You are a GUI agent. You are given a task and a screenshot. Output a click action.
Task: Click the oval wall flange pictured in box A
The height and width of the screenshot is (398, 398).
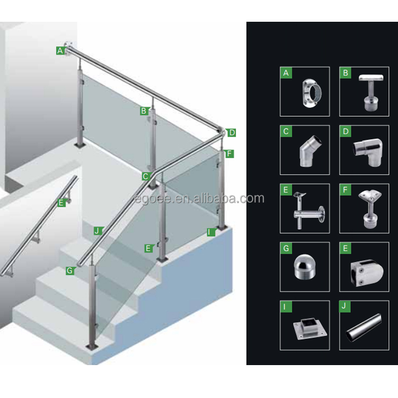coord(312,93)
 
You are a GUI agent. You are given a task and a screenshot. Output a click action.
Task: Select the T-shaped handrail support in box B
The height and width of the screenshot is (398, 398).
coord(370,92)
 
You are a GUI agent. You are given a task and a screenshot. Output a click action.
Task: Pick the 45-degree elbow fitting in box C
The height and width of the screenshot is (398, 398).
coord(310,151)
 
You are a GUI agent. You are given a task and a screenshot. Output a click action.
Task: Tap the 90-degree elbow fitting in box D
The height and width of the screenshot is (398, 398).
coord(368,152)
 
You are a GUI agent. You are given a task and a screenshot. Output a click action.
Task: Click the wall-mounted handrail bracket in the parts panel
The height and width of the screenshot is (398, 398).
coord(309,211)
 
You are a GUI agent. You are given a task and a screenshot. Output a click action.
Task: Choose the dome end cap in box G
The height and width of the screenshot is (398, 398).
coord(305,267)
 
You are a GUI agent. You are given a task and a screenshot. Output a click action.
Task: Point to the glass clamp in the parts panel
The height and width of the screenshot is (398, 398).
coord(367,273)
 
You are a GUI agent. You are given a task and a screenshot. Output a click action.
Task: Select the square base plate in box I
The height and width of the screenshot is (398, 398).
coord(310,328)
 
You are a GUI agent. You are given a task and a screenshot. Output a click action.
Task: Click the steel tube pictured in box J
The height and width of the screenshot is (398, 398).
coord(364,327)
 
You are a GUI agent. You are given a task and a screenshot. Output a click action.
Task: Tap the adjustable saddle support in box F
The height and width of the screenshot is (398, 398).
coord(369,209)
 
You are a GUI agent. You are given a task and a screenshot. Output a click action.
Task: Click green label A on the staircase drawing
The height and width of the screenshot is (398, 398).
coord(60,50)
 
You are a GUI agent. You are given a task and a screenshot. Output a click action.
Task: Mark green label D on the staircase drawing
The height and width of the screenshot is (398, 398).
coord(231,133)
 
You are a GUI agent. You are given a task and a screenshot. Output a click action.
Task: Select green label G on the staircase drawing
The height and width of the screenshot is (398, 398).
coord(70,271)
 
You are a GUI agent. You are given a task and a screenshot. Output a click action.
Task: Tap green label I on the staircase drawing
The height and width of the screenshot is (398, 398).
coord(211,232)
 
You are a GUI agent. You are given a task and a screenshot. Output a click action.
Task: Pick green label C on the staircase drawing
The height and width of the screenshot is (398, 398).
coord(146,176)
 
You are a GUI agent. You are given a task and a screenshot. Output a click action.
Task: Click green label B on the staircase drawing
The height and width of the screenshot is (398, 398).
coord(144,111)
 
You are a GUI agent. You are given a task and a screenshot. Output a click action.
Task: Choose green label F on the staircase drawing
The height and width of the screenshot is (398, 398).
coord(229,153)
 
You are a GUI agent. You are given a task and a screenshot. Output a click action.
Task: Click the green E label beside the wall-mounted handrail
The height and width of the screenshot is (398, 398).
coord(61,203)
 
